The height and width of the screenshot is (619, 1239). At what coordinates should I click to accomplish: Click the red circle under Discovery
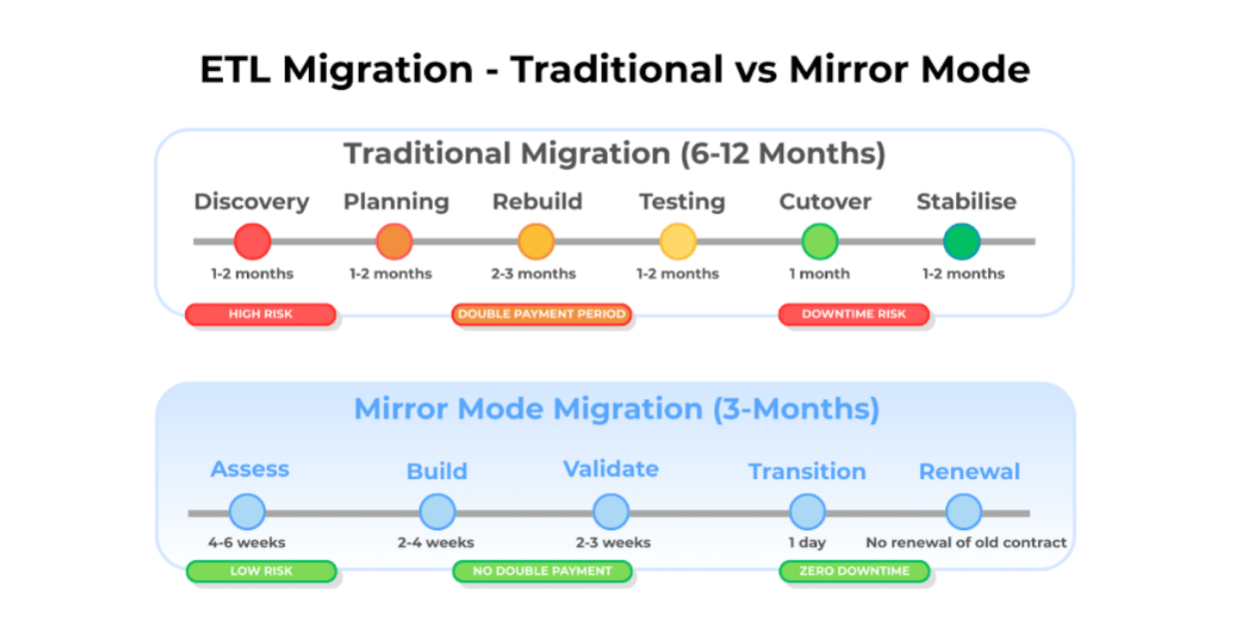(x=252, y=242)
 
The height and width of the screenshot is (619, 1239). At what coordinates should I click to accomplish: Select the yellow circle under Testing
(x=678, y=242)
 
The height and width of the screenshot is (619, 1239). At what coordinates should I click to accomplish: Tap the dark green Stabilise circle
(x=962, y=242)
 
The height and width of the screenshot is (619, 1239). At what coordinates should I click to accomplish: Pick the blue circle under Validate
(x=611, y=512)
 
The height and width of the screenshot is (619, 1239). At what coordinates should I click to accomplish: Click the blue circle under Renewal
(x=963, y=512)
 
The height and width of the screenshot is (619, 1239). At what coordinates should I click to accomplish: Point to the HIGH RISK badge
(x=261, y=313)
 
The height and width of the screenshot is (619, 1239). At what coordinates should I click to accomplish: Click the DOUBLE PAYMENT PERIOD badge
(x=542, y=313)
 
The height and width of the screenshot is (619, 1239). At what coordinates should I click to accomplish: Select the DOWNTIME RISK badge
(x=854, y=313)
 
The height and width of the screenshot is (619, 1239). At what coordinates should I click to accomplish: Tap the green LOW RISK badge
(x=261, y=571)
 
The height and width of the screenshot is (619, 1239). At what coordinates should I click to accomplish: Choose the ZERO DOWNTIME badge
(x=854, y=571)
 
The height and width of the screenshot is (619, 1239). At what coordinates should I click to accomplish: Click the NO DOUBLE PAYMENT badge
(x=542, y=571)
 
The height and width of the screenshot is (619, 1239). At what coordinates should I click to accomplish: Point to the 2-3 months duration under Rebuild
(x=534, y=274)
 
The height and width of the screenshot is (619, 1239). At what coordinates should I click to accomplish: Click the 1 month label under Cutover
(x=819, y=274)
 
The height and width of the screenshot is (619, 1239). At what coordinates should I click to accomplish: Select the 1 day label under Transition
(x=807, y=543)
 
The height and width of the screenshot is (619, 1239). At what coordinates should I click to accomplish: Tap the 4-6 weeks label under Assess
(x=247, y=543)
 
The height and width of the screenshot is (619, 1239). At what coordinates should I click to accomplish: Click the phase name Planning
(x=396, y=203)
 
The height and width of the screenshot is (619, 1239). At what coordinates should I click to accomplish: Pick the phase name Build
(x=437, y=471)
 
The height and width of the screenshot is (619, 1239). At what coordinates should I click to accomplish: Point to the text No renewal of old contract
(x=966, y=543)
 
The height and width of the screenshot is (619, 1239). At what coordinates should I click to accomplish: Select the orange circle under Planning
(x=395, y=242)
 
